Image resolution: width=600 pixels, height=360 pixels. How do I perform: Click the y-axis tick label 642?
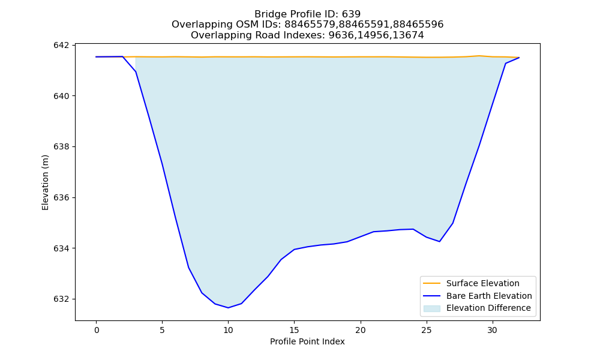(62, 46)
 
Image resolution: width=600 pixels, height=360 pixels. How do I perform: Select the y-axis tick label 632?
(62, 299)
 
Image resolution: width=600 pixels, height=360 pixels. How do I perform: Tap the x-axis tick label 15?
(294, 330)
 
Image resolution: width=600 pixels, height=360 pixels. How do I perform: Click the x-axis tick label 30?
(493, 330)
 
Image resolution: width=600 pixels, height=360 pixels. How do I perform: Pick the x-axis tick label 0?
(97, 330)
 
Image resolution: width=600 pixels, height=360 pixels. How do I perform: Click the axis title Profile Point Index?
(307, 341)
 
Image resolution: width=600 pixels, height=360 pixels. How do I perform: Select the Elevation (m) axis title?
(45, 182)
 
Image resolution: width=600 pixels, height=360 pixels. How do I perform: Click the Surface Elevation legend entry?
(482, 283)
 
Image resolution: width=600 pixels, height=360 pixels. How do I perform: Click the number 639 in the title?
(351, 14)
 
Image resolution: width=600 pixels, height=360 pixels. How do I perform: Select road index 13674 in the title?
(408, 35)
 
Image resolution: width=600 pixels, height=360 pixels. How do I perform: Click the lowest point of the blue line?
(228, 308)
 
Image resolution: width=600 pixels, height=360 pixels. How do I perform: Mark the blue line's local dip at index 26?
(439, 241)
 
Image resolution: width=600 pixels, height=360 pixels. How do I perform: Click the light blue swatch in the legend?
(431, 308)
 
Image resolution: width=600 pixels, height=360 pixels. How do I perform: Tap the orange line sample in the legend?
(431, 283)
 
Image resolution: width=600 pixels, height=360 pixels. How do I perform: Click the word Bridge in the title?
(268, 14)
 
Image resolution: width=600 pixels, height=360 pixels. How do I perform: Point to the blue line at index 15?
(294, 250)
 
